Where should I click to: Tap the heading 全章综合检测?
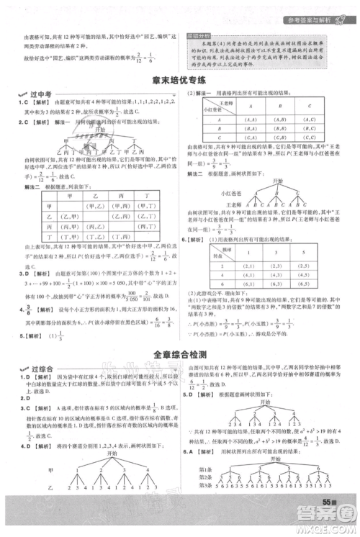click(x=179, y=354)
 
